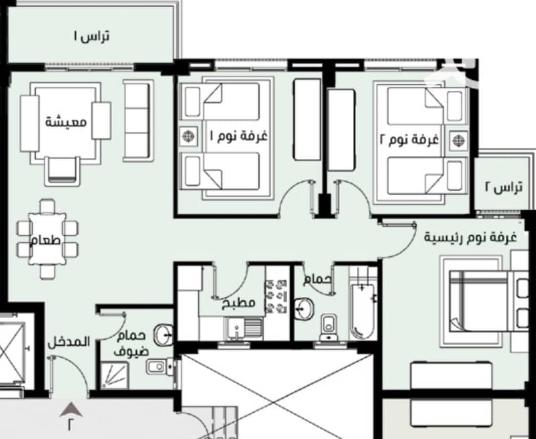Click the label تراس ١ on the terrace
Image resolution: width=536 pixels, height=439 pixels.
[92, 36]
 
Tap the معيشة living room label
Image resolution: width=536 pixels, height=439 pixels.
[66, 121]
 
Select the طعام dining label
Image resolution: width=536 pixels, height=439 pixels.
[46, 240]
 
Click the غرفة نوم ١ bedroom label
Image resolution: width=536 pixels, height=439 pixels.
[238, 136]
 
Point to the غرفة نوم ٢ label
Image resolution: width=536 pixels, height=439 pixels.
[409, 139]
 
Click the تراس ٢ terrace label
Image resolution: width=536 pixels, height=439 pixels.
[504, 187]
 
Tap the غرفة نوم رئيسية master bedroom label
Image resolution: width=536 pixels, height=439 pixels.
[470, 237]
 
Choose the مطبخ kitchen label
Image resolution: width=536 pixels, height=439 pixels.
[239, 303]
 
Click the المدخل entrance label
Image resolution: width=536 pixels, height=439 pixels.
[68, 342]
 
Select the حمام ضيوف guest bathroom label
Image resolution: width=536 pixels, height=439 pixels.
[131, 343]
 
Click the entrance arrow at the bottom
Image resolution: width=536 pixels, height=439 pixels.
[71, 409]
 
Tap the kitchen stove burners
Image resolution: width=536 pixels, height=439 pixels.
[277, 296]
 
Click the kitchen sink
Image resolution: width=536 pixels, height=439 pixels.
[244, 328]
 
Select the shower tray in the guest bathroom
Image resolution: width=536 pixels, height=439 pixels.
[115, 375]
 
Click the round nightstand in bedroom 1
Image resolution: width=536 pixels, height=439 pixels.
[189, 136]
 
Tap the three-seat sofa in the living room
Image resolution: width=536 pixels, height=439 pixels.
[138, 121]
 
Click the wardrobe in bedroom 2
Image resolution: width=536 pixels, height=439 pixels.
[341, 130]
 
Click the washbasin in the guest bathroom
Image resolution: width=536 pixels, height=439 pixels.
[164, 335]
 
